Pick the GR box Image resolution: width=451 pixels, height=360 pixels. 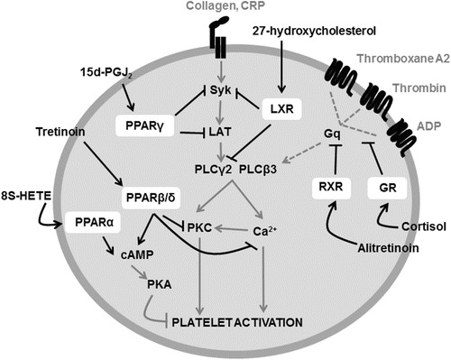click(x=385, y=188)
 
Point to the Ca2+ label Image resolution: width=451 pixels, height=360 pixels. click(x=262, y=229)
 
